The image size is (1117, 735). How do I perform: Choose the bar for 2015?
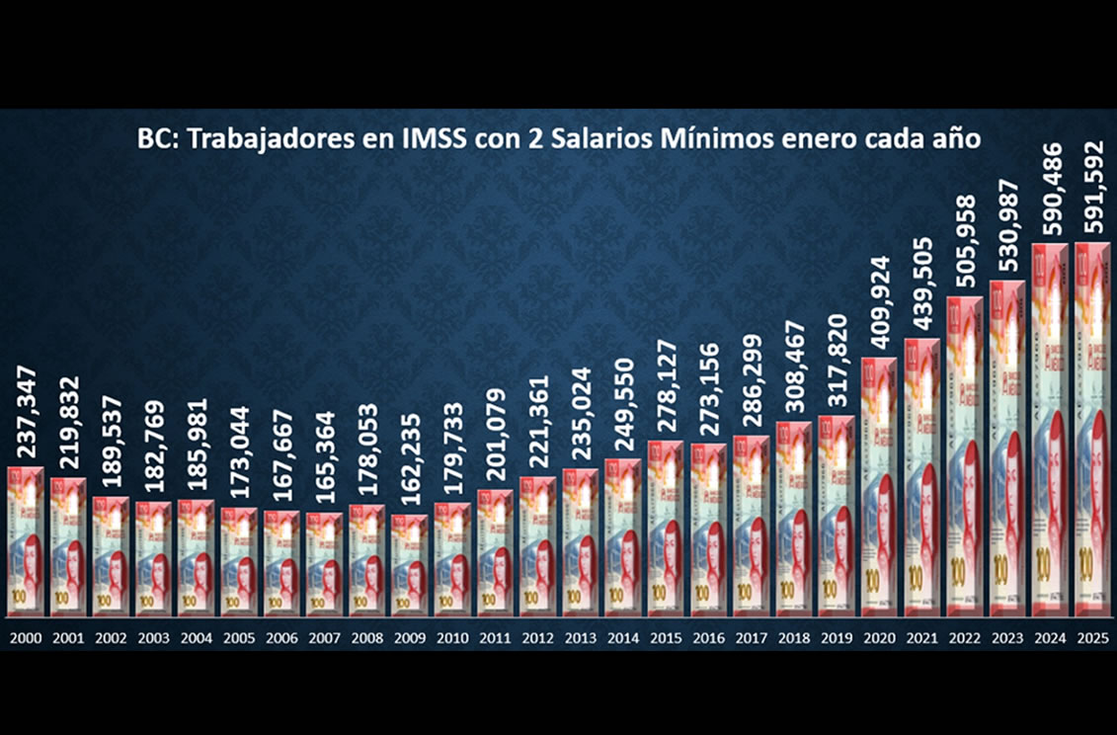[665, 528]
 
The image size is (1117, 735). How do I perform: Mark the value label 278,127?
[666, 396]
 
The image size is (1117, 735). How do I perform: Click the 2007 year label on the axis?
[324, 637]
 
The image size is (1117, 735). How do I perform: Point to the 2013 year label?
[580, 637]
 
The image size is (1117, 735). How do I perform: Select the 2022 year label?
[965, 637]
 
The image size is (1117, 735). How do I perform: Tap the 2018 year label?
[794, 637]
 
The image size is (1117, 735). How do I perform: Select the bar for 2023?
[1007, 449]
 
